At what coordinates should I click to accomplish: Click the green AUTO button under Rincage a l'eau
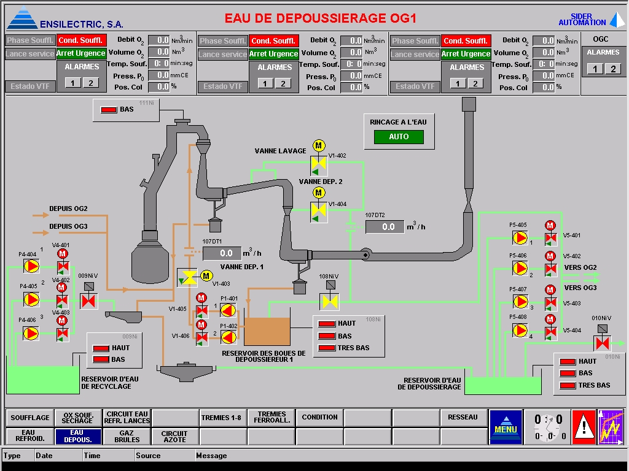click(x=399, y=137)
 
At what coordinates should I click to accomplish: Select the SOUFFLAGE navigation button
click(x=30, y=418)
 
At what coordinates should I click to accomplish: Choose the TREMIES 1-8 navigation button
click(x=223, y=418)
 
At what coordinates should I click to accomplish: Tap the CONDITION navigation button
click(x=319, y=418)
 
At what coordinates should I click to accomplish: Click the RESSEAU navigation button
click(x=463, y=418)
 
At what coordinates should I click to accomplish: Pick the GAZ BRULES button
click(x=127, y=435)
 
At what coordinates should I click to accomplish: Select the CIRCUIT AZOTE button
click(x=174, y=435)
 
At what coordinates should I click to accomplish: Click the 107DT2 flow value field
click(x=385, y=227)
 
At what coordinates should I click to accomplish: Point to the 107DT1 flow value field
click(x=222, y=253)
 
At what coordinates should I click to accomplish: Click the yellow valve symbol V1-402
click(x=319, y=164)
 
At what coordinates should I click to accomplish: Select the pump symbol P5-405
click(x=520, y=235)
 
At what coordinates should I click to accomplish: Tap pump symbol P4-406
click(x=31, y=333)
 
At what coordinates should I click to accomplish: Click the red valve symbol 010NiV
click(x=601, y=342)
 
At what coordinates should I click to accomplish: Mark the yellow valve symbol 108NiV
click(x=330, y=301)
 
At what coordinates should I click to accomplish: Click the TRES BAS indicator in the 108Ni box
click(x=326, y=348)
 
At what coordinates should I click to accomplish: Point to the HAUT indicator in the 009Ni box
click(x=100, y=348)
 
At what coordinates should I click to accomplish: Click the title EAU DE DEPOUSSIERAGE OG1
click(x=320, y=18)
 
